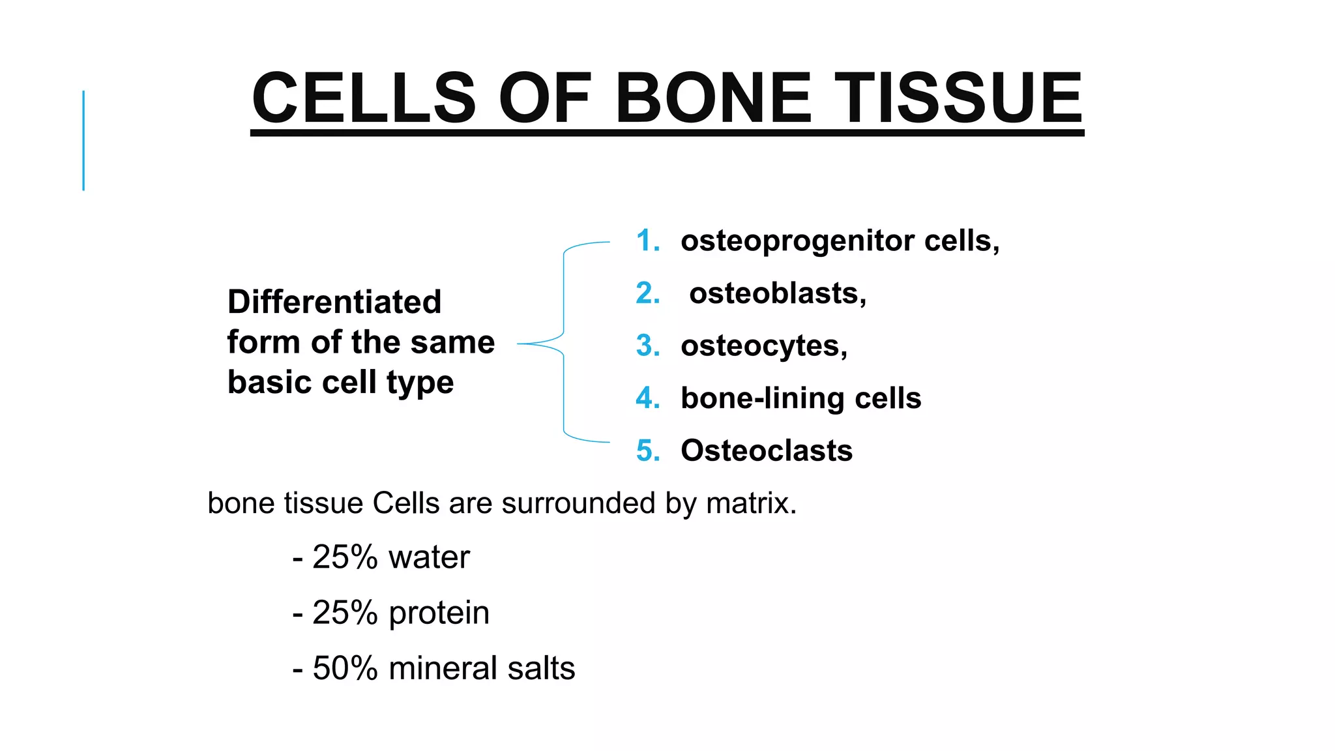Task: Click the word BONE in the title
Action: (x=712, y=98)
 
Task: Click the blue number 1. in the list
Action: (x=647, y=241)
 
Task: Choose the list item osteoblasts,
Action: (x=777, y=293)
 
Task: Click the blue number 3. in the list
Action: (x=647, y=346)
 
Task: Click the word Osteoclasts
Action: (x=767, y=450)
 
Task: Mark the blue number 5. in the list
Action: (x=647, y=451)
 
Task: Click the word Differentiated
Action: (x=334, y=302)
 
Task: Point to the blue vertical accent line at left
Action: (x=83, y=140)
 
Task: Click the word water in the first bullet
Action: (x=428, y=557)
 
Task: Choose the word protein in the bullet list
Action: (x=439, y=613)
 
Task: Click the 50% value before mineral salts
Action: (x=345, y=669)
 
